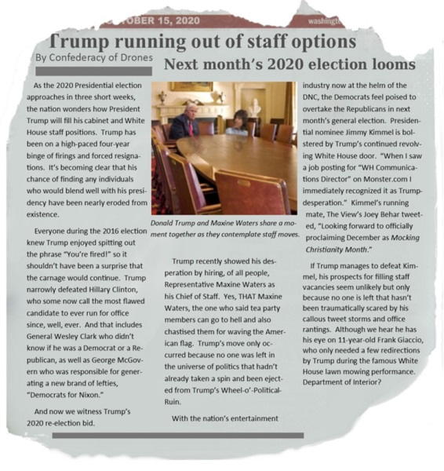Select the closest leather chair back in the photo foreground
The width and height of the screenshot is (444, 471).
[x=253, y=193]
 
